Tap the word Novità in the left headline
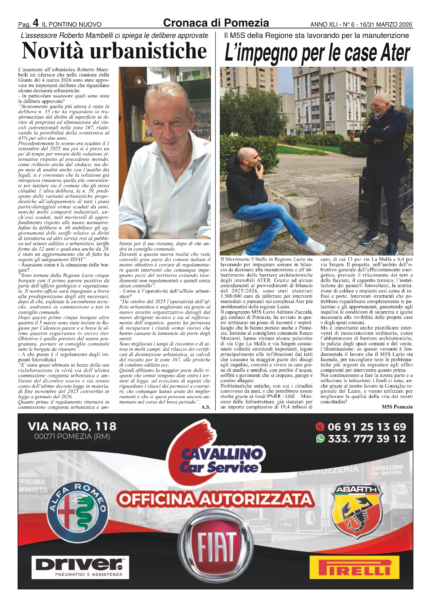click(52, 51)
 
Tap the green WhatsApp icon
click(320, 439)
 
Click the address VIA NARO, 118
click(72, 426)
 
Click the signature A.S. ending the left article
click(205, 407)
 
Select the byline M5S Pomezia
click(397, 407)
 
